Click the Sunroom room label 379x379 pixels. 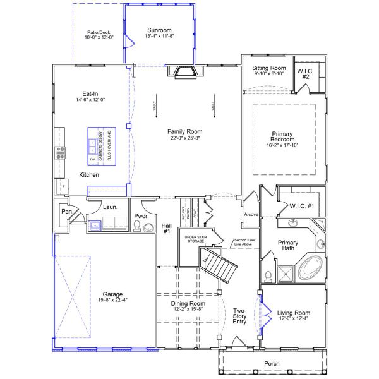pyautogui.click(x=160, y=30)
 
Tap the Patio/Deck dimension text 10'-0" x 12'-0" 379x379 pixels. pyautogui.click(x=99, y=37)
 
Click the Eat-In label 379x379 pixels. pyautogui.click(x=90, y=93)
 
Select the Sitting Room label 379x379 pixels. pyautogui.click(x=269, y=68)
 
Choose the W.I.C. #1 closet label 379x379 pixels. pyautogui.click(x=302, y=205)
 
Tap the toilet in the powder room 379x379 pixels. pyautogui.click(x=139, y=226)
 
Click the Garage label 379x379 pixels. pyautogui.click(x=104, y=294)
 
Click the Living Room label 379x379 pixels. pyautogui.click(x=294, y=312)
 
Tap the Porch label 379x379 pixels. pyautogui.click(x=272, y=364)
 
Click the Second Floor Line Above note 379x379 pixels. pyautogui.click(x=246, y=243)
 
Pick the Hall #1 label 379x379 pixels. pyautogui.click(x=167, y=228)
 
